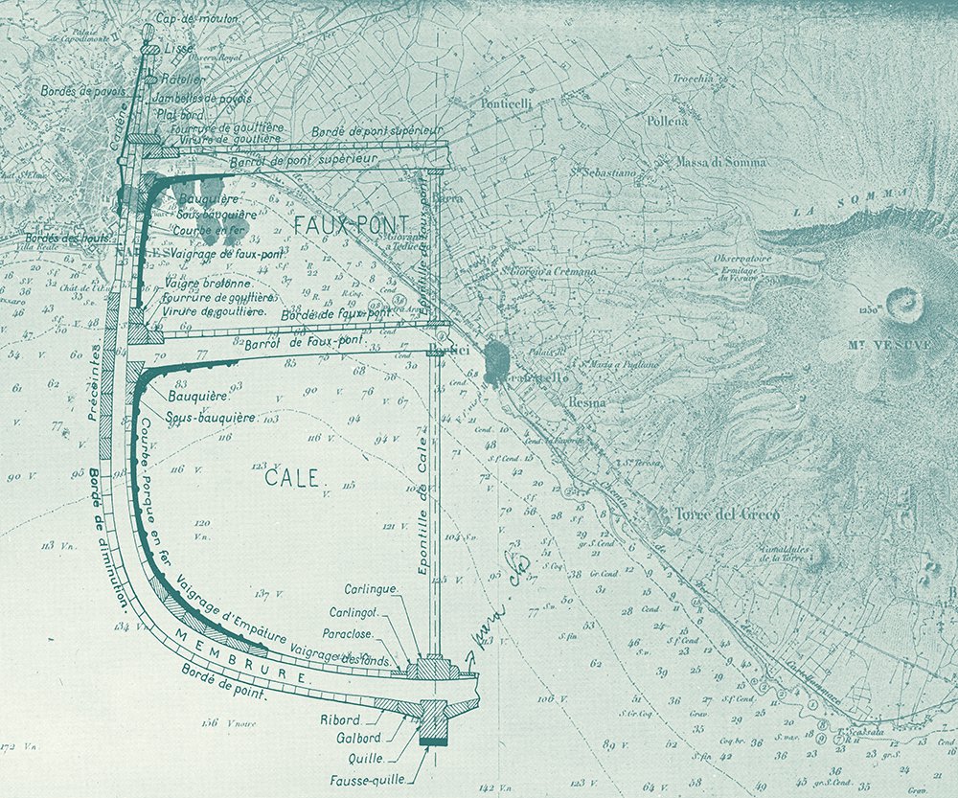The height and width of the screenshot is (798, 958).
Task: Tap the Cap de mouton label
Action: (x=197, y=18)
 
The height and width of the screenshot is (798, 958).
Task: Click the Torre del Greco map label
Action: (x=728, y=514)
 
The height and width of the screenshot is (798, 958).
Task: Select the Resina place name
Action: (x=587, y=403)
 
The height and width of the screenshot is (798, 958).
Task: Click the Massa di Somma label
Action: (x=721, y=163)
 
